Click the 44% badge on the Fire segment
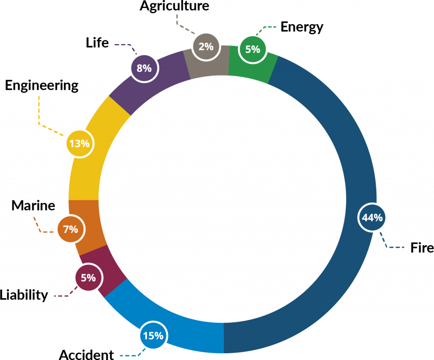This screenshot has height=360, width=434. [372, 217]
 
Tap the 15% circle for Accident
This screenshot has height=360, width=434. [153, 335]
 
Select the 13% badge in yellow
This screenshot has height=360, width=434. [80, 144]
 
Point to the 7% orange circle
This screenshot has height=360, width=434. [71, 229]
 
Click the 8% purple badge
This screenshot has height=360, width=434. [144, 68]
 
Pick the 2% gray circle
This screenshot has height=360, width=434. [206, 47]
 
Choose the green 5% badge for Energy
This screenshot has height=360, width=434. [253, 49]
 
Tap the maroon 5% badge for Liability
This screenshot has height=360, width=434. [89, 277]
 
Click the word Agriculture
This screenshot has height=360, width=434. [174, 6]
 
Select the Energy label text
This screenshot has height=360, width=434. [302, 28]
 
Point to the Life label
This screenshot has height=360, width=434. [97, 43]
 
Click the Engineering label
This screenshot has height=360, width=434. [42, 86]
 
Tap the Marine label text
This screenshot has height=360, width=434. [33, 206]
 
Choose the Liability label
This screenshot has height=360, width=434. [24, 295]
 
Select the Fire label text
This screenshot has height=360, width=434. [422, 248]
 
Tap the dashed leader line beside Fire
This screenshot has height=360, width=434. [387, 244]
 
